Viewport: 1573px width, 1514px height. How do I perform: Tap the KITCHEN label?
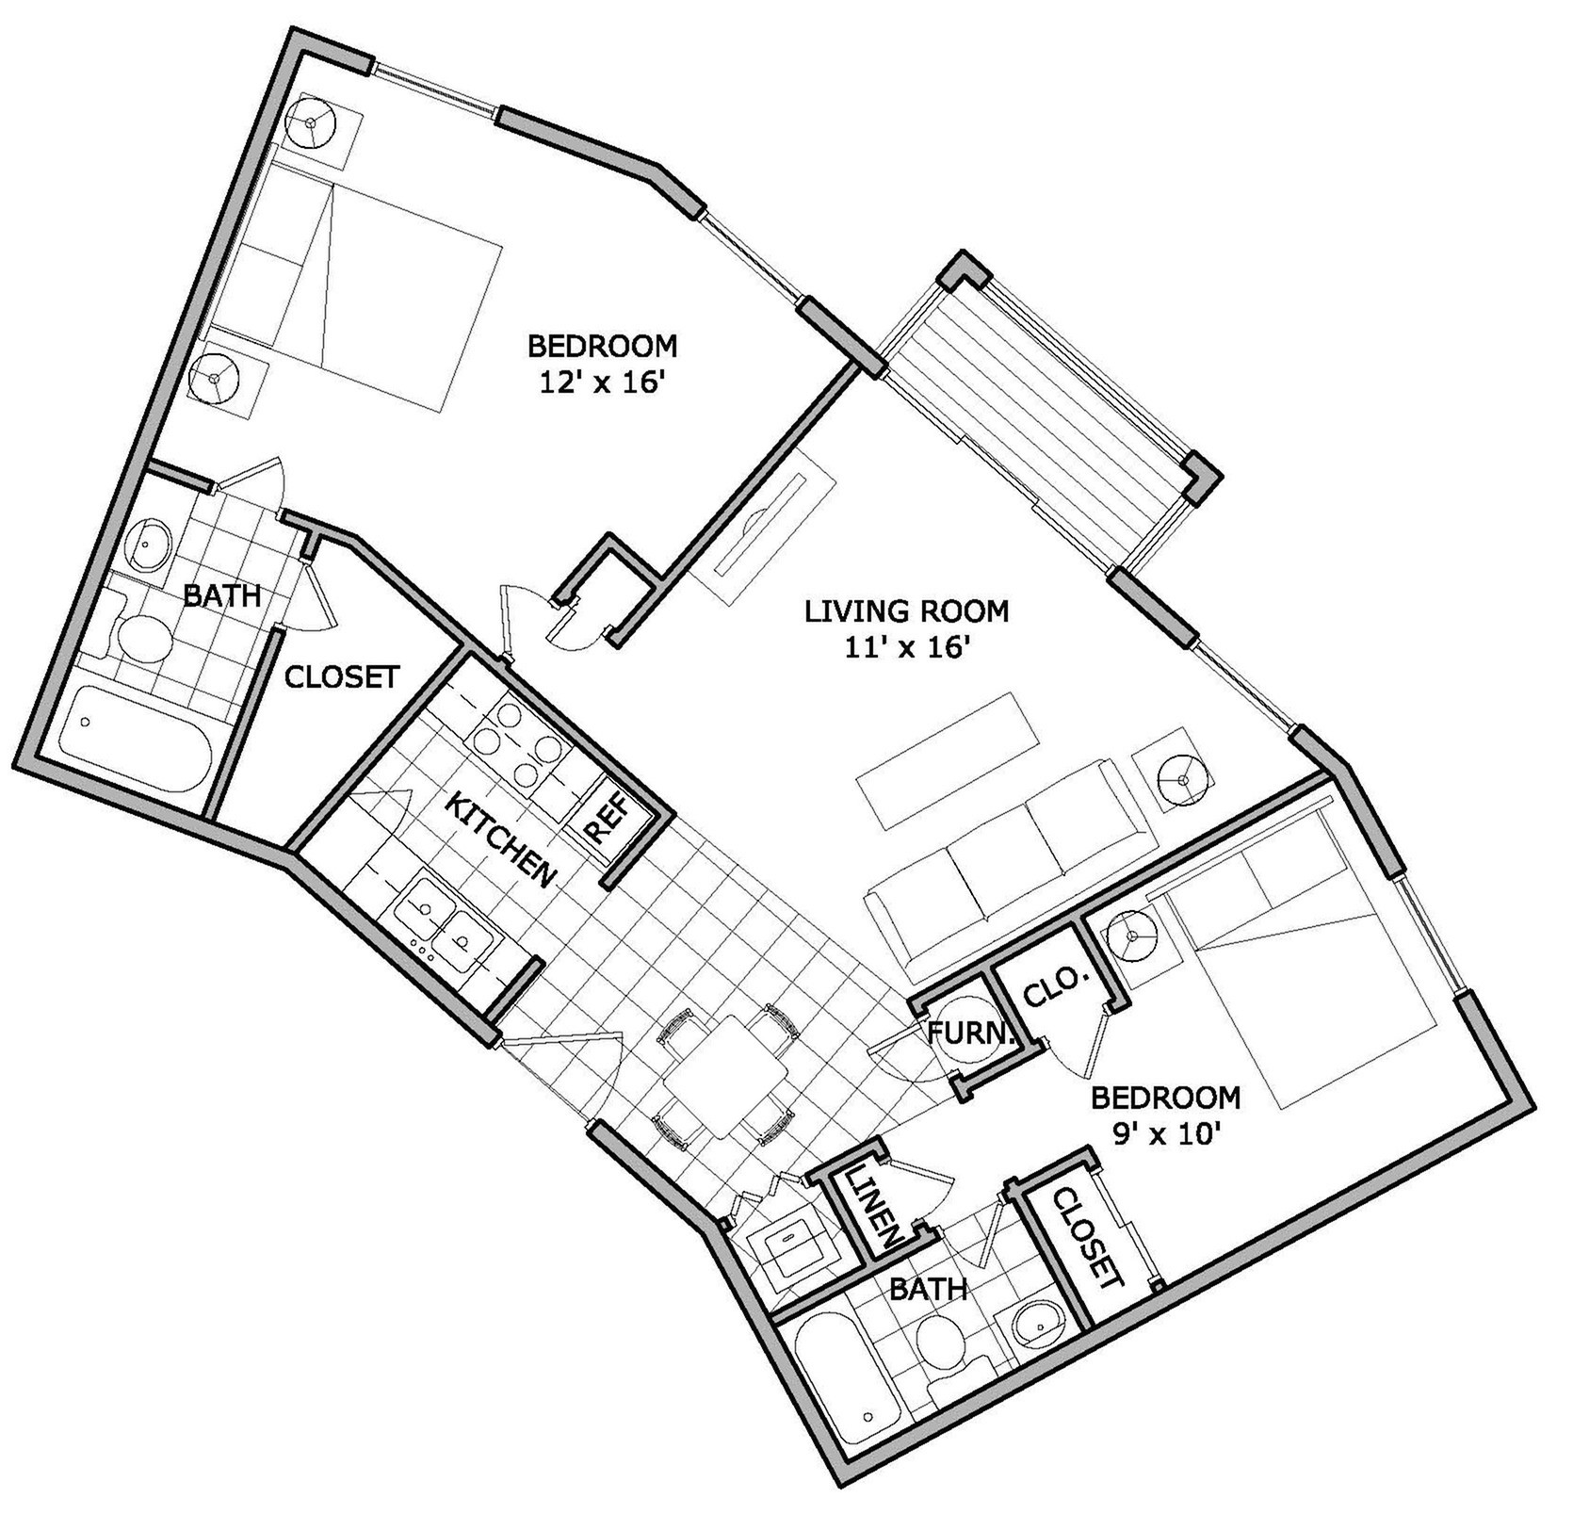point(500,840)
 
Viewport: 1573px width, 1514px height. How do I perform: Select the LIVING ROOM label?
point(906,610)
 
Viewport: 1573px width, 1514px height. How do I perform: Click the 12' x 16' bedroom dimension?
point(602,384)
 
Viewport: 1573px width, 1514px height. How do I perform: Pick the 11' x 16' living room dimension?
point(907,649)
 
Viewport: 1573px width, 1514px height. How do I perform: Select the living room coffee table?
point(949,760)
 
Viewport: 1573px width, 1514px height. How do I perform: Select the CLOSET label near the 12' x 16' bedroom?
point(342,676)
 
